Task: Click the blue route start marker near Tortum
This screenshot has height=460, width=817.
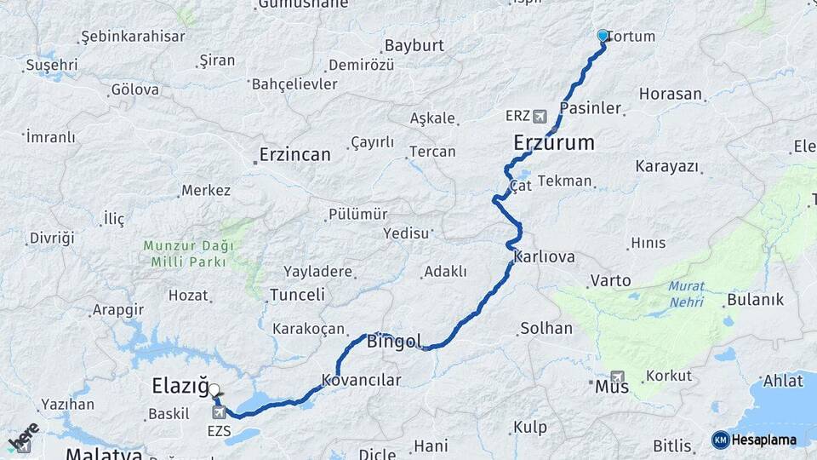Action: (x=603, y=36)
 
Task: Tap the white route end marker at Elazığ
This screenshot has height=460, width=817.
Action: (x=214, y=389)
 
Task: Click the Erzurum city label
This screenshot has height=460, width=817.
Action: (x=554, y=143)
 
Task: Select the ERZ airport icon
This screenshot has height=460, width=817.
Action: (x=540, y=116)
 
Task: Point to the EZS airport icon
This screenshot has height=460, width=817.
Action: (x=220, y=412)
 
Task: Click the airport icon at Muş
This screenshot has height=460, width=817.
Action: (x=617, y=376)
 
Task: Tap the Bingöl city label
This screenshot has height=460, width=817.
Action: (x=394, y=342)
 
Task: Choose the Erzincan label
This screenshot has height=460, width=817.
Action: (x=294, y=155)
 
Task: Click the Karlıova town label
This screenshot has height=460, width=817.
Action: (x=545, y=256)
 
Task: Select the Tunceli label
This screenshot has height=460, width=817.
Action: (x=297, y=295)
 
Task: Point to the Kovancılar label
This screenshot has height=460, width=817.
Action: (x=361, y=379)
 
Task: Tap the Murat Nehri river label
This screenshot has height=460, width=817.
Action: (x=686, y=294)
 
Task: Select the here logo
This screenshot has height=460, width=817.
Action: (x=23, y=437)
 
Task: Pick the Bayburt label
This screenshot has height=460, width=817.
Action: (x=414, y=46)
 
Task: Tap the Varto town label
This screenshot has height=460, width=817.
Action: (x=611, y=280)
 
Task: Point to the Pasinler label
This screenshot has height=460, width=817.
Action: (x=590, y=108)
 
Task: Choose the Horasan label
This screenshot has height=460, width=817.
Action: (x=671, y=95)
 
